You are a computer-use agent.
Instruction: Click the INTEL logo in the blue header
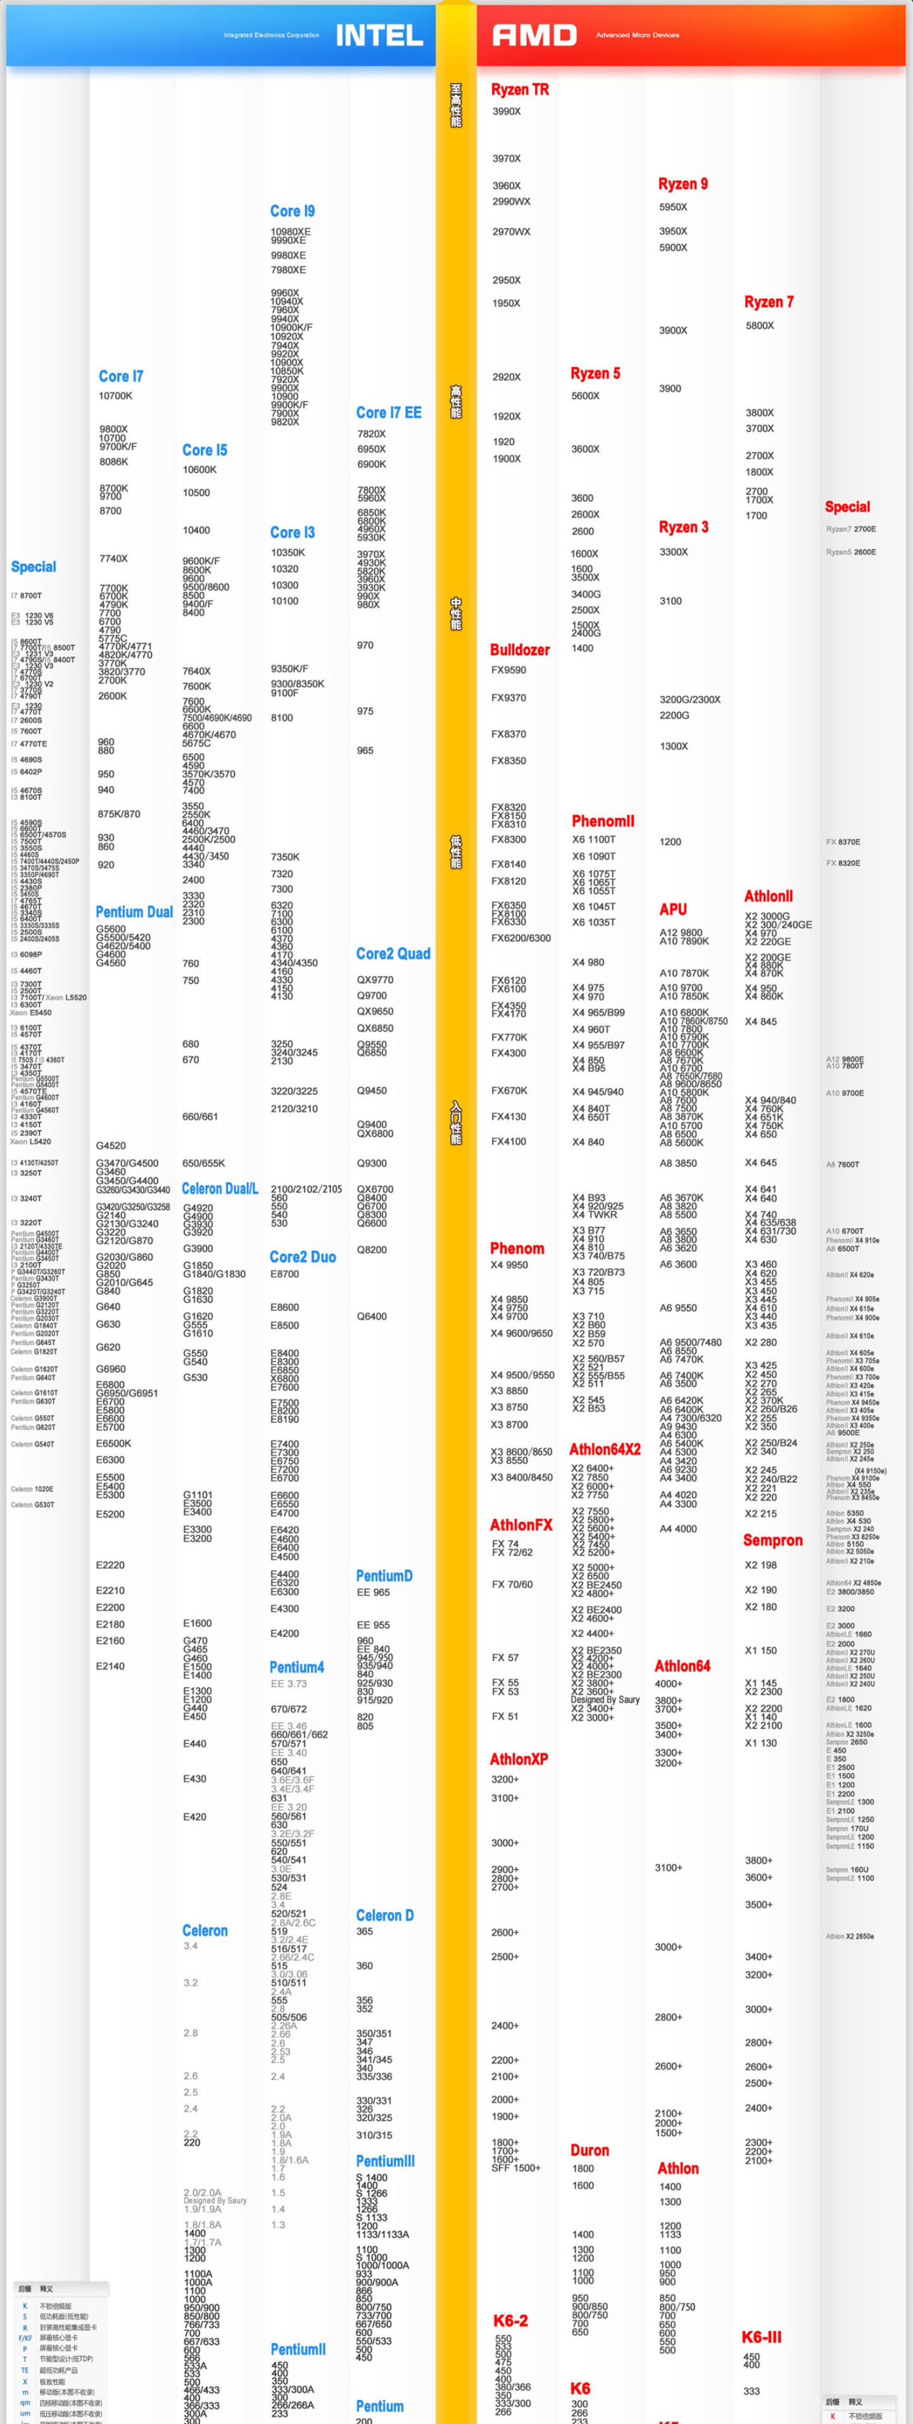coord(379,35)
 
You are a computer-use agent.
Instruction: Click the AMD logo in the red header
coord(534,35)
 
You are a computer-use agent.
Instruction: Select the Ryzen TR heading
coord(520,89)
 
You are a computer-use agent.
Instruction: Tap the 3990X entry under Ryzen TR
coord(507,111)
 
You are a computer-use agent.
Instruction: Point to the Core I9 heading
coord(293,211)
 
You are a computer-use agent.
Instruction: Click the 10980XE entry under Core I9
coord(290,232)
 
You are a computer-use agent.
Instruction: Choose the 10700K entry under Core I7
coord(116,396)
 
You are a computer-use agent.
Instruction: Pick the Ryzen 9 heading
coord(683,184)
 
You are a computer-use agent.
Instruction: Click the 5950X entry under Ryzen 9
coord(673,207)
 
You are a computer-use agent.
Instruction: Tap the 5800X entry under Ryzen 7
coord(760,325)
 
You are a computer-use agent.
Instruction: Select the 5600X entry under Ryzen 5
coord(586,396)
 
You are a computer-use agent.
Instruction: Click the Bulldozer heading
coord(520,649)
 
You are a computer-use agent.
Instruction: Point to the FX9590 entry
coord(508,670)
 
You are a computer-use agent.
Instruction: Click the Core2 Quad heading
coord(393,953)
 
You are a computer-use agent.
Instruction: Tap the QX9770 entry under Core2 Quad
coord(375,980)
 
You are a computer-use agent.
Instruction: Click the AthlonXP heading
coord(519,1759)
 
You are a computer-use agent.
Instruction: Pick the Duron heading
coord(589,2150)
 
